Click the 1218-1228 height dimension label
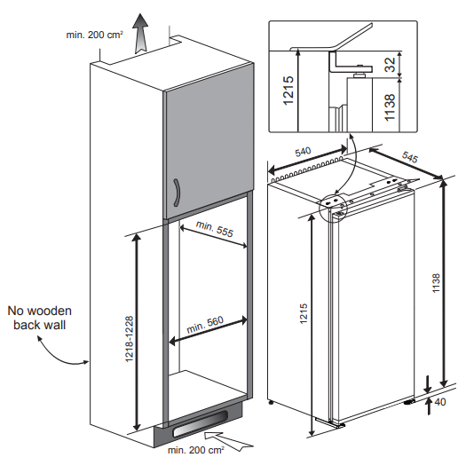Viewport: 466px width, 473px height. (130, 339)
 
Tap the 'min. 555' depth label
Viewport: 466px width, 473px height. (215, 229)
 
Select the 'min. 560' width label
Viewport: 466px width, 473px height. (205, 325)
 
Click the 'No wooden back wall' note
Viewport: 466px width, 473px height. (40, 318)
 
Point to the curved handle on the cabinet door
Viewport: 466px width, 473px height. (177, 193)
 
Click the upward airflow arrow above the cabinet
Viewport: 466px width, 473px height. (140, 33)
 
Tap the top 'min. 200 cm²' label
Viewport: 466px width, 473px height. (94, 35)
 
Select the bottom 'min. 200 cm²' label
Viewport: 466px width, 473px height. (196, 450)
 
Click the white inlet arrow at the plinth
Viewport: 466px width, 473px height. (228, 441)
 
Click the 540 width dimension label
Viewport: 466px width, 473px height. (303, 152)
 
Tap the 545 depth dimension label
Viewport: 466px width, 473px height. (410, 157)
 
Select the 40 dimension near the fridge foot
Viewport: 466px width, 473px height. (440, 402)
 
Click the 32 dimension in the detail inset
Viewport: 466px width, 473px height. (390, 65)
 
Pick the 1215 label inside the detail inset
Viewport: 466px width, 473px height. (288, 91)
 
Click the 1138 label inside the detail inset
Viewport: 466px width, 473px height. (390, 107)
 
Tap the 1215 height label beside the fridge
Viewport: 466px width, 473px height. (304, 314)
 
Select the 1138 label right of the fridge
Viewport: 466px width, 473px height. (436, 283)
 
